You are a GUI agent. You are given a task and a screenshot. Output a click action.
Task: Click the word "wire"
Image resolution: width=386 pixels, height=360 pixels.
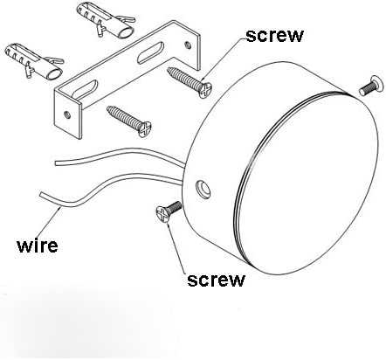point(38,246)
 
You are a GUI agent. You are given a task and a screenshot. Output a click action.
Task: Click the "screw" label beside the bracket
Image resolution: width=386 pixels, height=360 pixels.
point(274,36)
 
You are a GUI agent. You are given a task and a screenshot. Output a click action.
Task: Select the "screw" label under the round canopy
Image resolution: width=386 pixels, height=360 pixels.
point(216,280)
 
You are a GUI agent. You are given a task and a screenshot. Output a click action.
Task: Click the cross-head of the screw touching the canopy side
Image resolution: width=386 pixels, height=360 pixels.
point(162,214)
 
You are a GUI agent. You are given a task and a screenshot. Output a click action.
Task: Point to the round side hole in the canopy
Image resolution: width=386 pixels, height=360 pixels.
point(203,189)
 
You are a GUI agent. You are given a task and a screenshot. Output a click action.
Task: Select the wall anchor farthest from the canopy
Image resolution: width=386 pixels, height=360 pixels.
point(34,61)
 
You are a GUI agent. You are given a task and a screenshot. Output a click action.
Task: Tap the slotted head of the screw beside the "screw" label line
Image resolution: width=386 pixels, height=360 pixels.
point(205,90)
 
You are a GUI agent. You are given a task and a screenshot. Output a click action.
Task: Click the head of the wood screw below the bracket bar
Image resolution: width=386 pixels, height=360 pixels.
point(145,129)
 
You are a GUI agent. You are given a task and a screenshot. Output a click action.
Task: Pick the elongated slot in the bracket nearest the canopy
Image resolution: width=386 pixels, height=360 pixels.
point(151,52)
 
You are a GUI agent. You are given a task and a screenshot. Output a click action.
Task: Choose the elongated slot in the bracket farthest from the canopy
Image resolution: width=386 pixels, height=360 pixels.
point(85,89)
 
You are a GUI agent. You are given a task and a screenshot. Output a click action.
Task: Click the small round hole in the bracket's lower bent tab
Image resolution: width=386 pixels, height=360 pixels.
point(67,114)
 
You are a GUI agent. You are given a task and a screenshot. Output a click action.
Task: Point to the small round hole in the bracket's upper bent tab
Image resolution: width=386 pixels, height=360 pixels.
point(189,45)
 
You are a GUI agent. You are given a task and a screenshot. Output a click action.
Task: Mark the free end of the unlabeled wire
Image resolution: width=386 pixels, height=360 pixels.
point(56,163)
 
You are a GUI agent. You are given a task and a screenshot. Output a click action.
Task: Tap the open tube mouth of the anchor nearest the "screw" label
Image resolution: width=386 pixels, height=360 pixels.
point(126,33)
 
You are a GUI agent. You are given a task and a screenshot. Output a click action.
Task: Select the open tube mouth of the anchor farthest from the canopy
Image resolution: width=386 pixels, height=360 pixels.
point(54,74)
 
